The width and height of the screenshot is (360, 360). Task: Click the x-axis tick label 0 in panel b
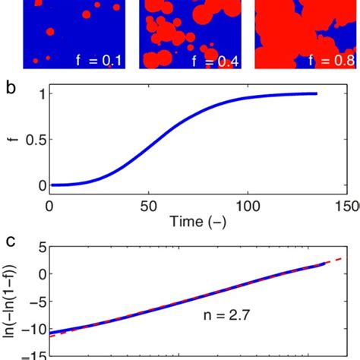tap(50, 205)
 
